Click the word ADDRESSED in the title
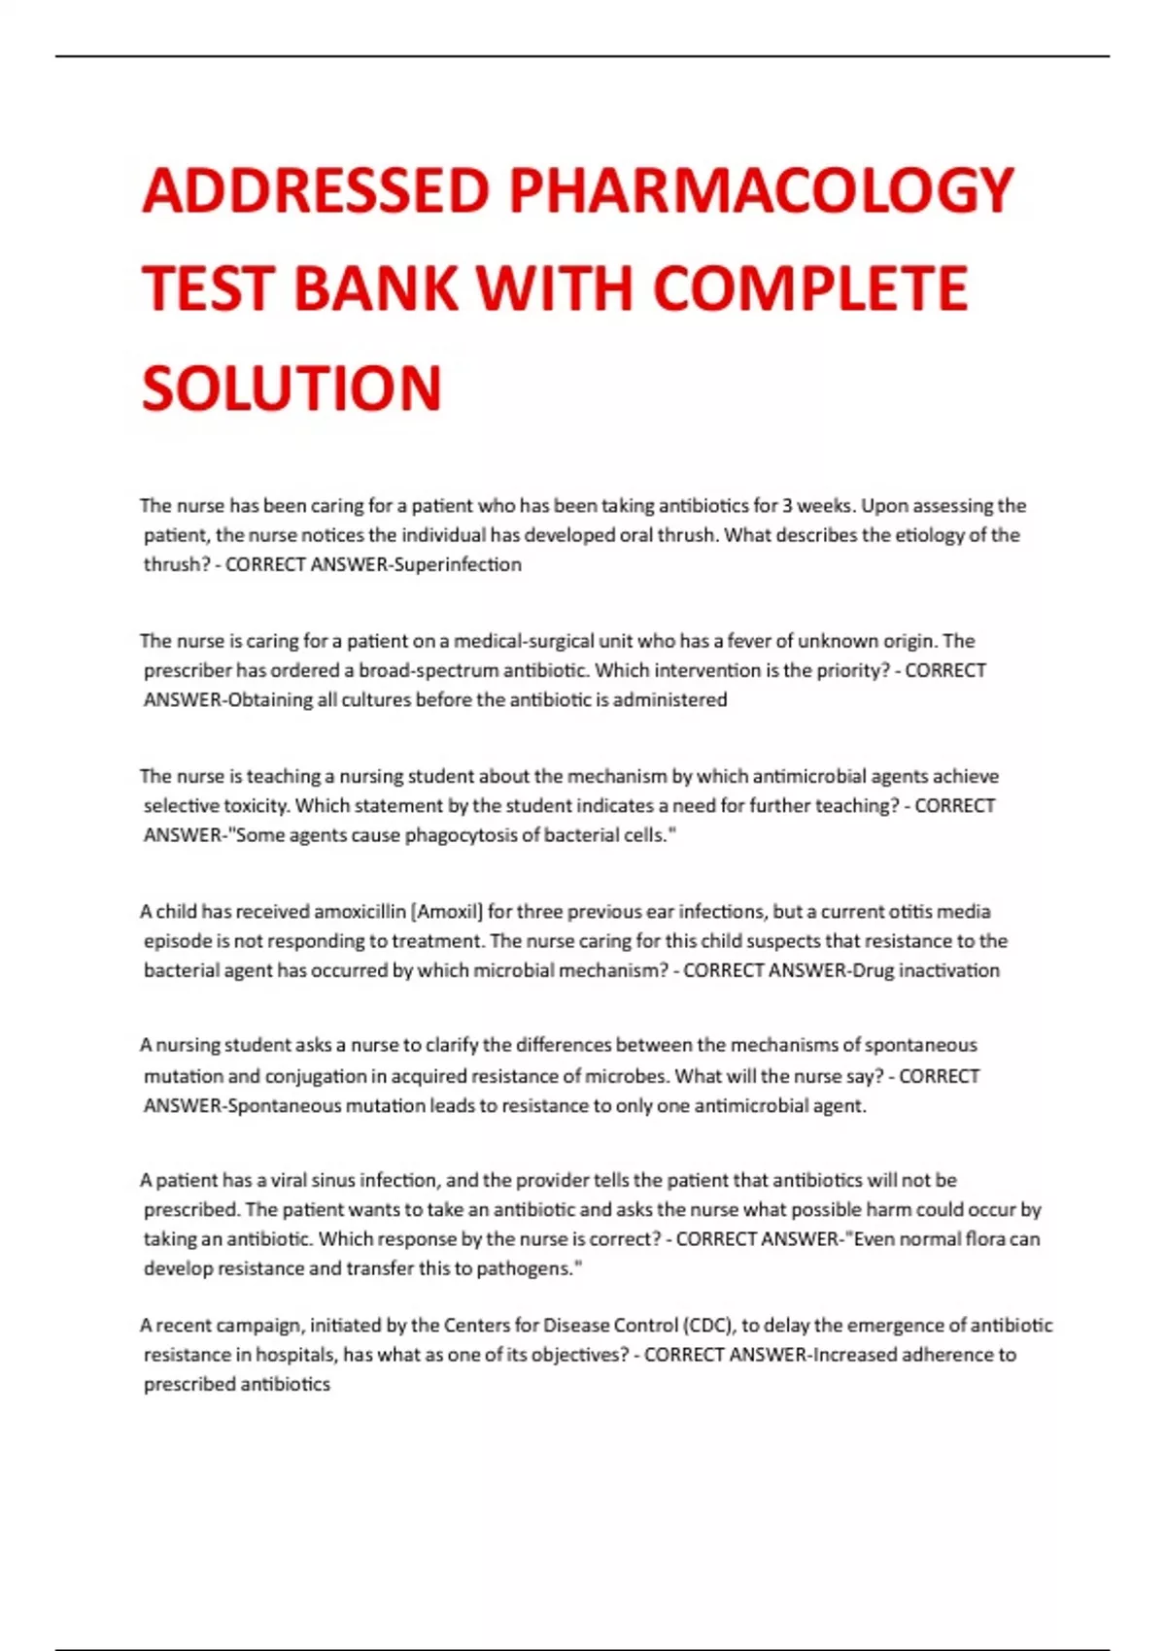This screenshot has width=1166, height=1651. pyautogui.click(x=316, y=190)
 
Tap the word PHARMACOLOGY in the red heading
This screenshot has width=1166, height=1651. pyautogui.click(x=762, y=190)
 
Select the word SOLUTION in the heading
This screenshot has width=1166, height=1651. pyautogui.click(x=291, y=387)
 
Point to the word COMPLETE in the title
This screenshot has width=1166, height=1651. pyautogui.click(x=811, y=288)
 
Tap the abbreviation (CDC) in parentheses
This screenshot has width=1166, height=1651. pyautogui.click(x=710, y=1326)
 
